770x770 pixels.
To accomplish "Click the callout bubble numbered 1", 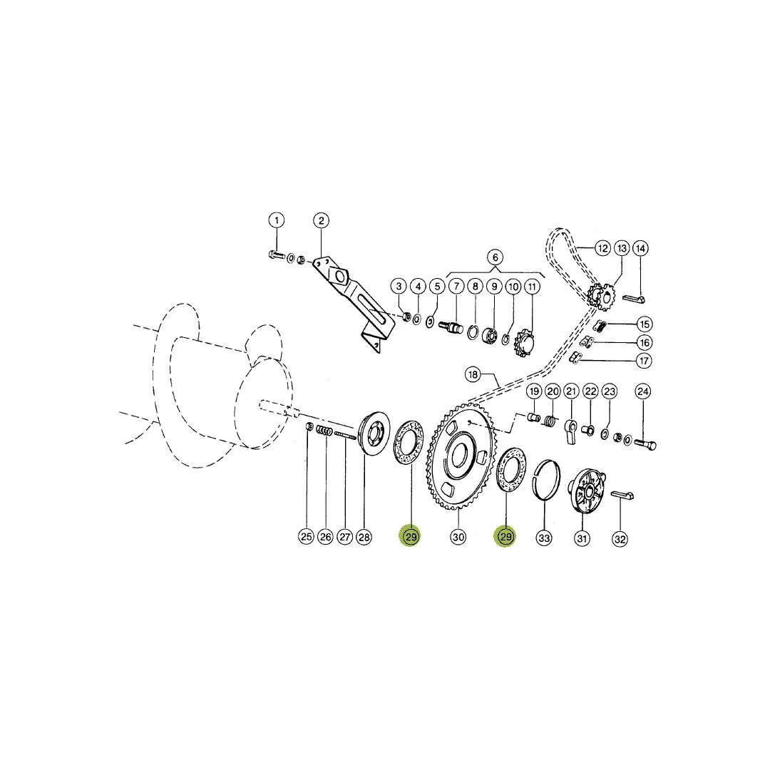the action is tap(277, 220).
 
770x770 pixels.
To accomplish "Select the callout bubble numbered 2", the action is tap(321, 220).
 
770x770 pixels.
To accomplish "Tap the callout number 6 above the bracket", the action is tap(495, 257).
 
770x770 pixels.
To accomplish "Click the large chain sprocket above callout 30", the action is tap(458, 456).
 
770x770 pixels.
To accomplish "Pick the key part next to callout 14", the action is tap(634, 299).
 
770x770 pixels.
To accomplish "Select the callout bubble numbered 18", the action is tap(473, 375).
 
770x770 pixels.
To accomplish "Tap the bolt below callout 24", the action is tap(645, 445).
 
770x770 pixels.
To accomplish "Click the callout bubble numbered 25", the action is tap(307, 537).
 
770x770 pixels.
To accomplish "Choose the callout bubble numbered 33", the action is tap(544, 538).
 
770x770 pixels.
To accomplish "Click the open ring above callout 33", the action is tap(547, 480).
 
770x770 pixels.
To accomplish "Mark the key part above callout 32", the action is tap(622, 495).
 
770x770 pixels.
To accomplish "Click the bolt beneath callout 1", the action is tap(277, 255).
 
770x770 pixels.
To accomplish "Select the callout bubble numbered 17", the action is tap(645, 361).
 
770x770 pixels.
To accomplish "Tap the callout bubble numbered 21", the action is tap(571, 391).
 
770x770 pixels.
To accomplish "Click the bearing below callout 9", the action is tap(488, 336).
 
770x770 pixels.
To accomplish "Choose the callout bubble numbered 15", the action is tap(645, 324).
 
